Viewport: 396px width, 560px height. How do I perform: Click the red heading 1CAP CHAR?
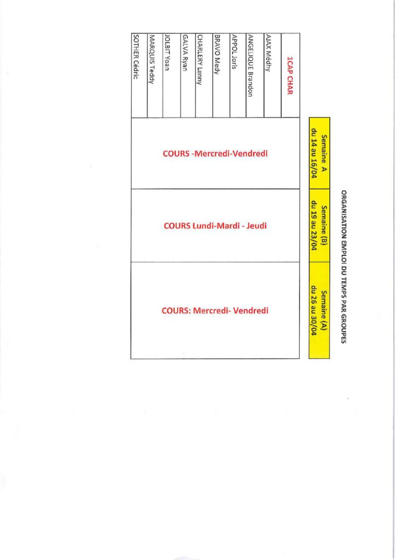coord(290,77)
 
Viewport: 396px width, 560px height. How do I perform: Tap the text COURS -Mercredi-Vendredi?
coord(215,154)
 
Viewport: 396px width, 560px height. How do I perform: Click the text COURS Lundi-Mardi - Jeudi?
coord(215,225)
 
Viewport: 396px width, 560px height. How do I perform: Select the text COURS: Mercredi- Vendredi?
coord(215,311)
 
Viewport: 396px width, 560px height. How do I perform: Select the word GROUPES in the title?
coord(344,328)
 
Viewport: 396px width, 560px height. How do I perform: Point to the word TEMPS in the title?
coord(344,287)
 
